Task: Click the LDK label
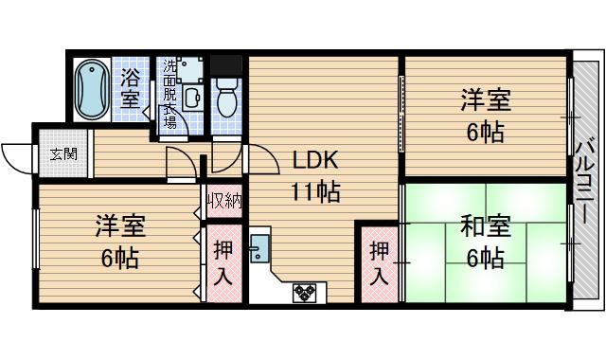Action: pos(314,159)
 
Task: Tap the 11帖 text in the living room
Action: pos(315,192)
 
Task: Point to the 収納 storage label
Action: pos(225,201)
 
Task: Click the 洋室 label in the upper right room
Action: pos(486,99)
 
